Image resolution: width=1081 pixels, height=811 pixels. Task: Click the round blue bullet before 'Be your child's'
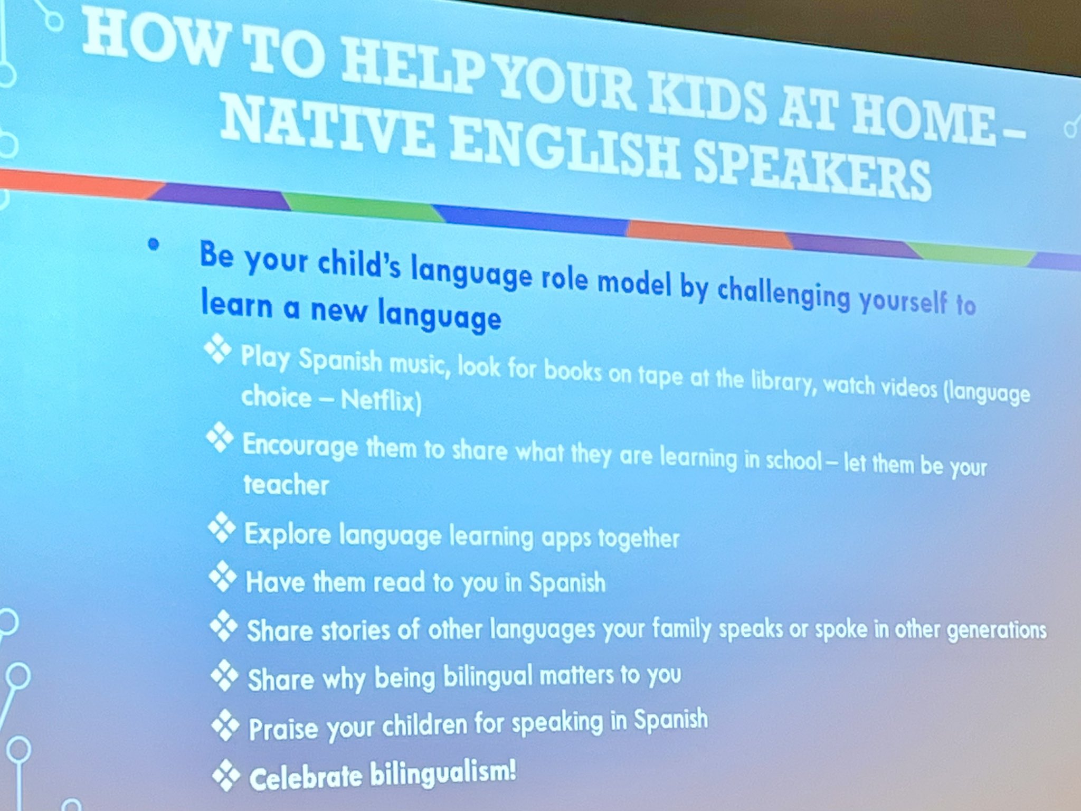(153, 244)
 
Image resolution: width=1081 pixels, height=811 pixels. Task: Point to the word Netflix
(381, 401)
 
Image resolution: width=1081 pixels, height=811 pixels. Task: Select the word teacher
(286, 485)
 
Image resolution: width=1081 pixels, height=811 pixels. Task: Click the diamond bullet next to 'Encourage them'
(220, 438)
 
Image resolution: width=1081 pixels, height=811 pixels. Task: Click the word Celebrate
(306, 778)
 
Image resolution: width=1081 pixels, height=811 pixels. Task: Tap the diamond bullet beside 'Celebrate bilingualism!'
(225, 776)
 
